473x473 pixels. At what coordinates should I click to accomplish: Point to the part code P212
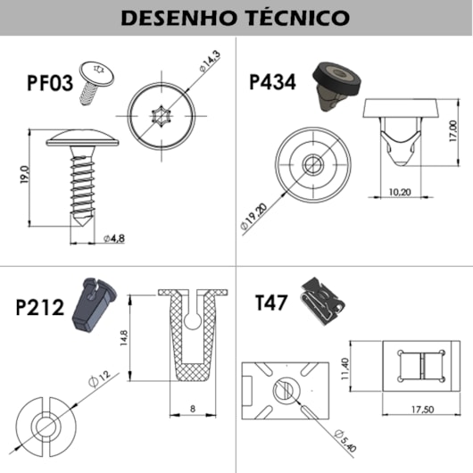[x=40, y=307]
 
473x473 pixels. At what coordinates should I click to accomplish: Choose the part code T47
[x=271, y=302]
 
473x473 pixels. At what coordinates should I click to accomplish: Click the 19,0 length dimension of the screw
[x=24, y=176]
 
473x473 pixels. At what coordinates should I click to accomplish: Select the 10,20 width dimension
[x=400, y=189]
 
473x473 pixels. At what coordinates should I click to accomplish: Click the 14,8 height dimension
[x=124, y=336]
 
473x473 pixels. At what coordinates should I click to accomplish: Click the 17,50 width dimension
[x=422, y=409]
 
